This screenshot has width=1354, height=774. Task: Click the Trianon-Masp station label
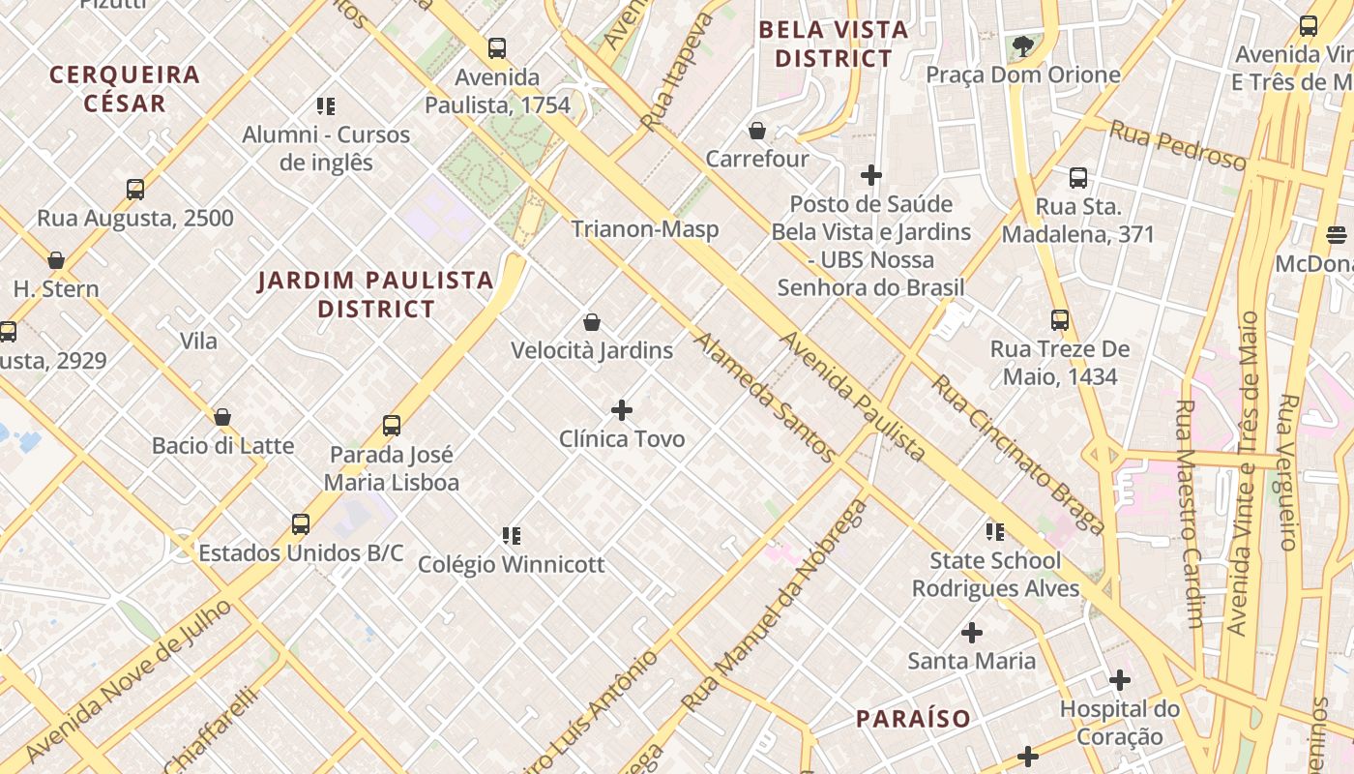[x=644, y=229]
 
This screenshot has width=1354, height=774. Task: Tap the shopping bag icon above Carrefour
[x=757, y=131]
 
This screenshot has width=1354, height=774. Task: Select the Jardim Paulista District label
[x=375, y=295]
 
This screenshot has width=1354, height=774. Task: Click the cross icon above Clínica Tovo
[x=622, y=410]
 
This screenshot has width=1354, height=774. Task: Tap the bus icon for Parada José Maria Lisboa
[x=392, y=426]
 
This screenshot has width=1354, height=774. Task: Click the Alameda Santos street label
[x=764, y=398]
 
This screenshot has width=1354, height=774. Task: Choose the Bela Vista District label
[x=833, y=44]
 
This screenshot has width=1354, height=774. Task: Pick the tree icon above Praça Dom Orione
[x=1022, y=45]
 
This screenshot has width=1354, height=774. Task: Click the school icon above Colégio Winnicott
[x=512, y=535]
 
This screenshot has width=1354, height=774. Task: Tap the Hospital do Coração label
[x=1120, y=723]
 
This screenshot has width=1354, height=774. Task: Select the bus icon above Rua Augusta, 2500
[x=135, y=190]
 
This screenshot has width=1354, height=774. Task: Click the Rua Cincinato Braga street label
[x=1017, y=455]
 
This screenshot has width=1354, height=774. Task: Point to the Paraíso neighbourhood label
[x=913, y=719]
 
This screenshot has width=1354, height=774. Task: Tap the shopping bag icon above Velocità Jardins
[x=592, y=322]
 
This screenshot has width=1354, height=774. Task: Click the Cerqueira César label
[x=125, y=89]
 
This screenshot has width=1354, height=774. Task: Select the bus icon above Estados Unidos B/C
[x=301, y=524]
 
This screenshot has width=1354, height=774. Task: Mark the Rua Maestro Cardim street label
[x=1191, y=513]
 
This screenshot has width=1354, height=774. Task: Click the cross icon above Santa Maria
[x=972, y=633]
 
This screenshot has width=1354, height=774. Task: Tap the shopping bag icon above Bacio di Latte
[x=222, y=417]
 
